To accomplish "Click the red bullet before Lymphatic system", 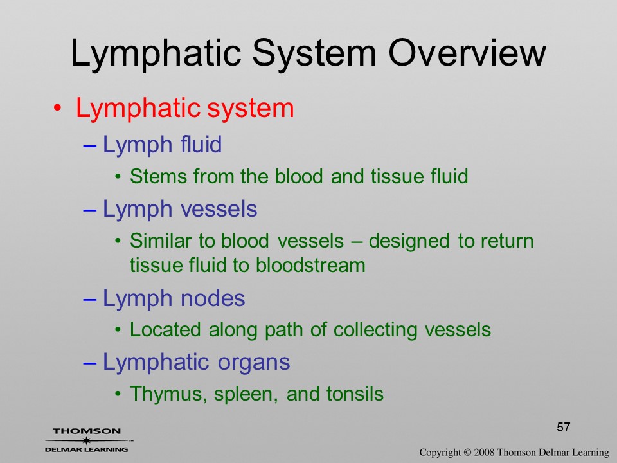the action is [57, 108].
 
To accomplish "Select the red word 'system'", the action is [250, 109].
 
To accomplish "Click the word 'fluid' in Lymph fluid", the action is [201, 144].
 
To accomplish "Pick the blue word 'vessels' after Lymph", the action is [219, 208].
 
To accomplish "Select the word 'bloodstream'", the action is [310, 265].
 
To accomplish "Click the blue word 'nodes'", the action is [213, 298].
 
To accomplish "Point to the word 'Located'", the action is [165, 330].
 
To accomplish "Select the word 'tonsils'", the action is [355, 394].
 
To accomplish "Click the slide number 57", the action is [564, 427].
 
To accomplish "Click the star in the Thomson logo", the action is [86, 440].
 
